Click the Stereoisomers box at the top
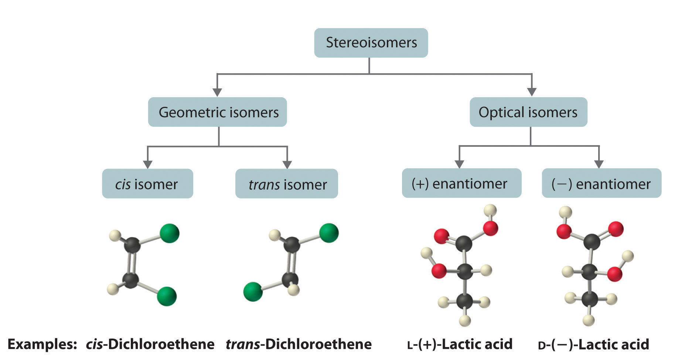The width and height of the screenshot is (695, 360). click(x=371, y=43)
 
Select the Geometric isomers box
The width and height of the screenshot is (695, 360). click(x=218, y=112)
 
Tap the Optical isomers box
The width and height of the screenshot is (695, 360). click(x=528, y=112)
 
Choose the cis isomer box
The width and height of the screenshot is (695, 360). click(x=147, y=184)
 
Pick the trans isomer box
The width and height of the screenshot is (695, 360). click(x=287, y=184)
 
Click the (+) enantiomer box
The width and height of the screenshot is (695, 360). click(x=461, y=183)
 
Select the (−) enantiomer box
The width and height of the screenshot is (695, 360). click(x=601, y=183)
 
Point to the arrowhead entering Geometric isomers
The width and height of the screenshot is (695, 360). click(x=217, y=92)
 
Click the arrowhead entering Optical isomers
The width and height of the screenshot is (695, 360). click(x=532, y=92)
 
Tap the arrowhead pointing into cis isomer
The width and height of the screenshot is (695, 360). click(x=147, y=164)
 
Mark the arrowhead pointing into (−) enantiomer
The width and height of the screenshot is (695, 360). click(x=599, y=164)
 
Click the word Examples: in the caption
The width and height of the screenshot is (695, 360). click(x=42, y=344)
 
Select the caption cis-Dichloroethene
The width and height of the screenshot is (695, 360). click(x=150, y=344)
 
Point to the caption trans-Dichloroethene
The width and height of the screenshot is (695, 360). click(x=299, y=344)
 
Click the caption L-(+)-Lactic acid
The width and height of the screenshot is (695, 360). click(x=460, y=344)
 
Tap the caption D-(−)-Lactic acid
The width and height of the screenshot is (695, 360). click(x=593, y=344)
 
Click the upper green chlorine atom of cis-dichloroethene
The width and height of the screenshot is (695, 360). click(x=170, y=233)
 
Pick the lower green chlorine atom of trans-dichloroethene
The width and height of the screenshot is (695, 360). click(x=253, y=291)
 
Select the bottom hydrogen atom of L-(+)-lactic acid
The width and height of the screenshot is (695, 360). click(x=465, y=320)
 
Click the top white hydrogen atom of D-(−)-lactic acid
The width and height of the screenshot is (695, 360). click(x=565, y=212)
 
